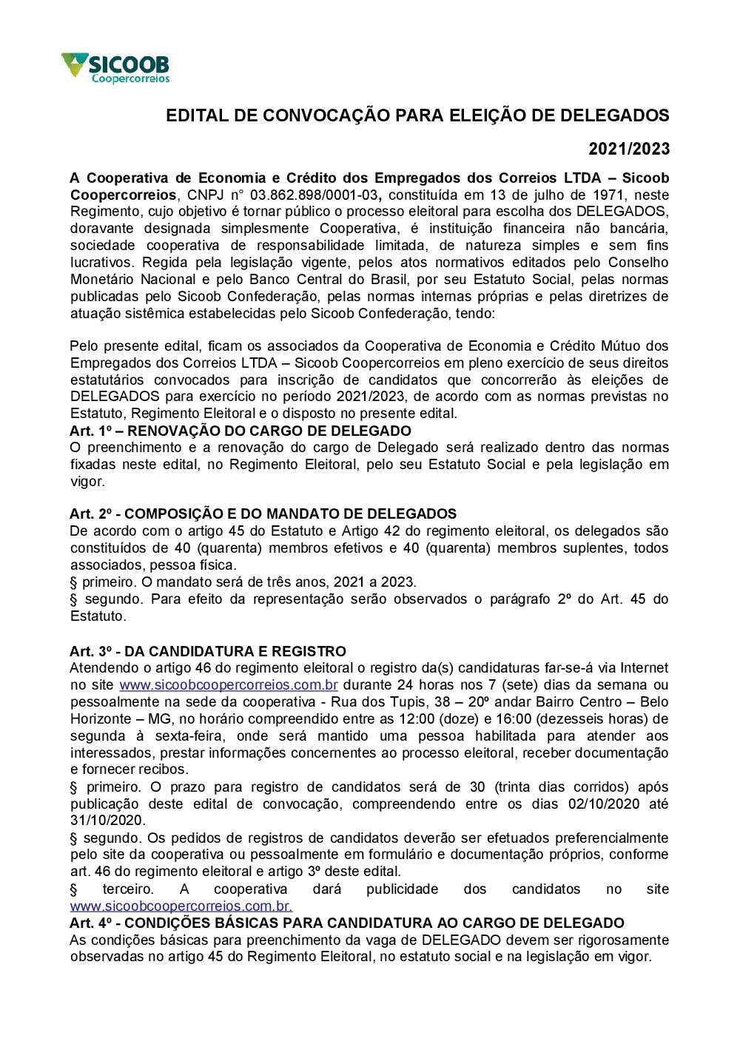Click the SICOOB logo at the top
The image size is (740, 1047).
[x=116, y=67]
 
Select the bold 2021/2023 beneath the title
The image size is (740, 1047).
[x=629, y=149]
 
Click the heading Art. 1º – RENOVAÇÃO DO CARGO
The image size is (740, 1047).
[x=240, y=431]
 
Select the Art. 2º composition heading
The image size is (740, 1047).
[x=263, y=514]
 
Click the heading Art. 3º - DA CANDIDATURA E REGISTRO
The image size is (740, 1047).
[x=208, y=651]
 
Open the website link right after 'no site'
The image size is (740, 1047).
[x=229, y=685]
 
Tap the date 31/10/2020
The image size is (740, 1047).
[x=107, y=821]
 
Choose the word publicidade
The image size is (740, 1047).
[x=402, y=889]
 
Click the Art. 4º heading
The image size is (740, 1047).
[x=347, y=923]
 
